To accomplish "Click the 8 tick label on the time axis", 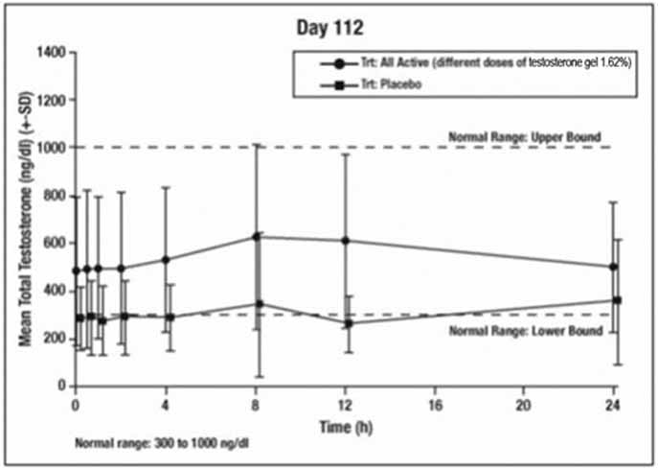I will click(x=256, y=403).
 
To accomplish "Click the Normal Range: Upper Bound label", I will click(x=526, y=135).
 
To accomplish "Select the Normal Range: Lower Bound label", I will click(x=526, y=331).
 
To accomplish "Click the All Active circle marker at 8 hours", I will click(x=256, y=236).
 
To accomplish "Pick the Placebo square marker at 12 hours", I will click(x=349, y=324).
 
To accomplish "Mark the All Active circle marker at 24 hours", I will click(x=613, y=268).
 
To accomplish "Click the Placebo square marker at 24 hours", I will click(x=618, y=300).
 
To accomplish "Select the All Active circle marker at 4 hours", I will click(x=166, y=260).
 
